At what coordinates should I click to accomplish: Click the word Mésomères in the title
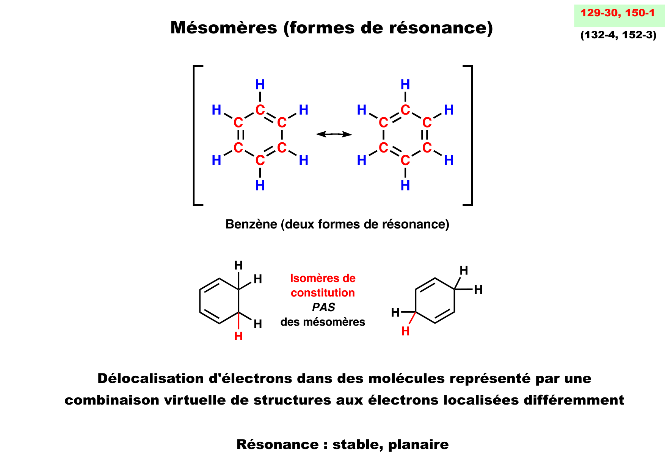point(224,28)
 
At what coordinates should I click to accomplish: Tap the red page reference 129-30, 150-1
point(618,13)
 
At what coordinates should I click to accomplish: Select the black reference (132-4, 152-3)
point(618,35)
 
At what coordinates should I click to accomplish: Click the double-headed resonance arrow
point(334,134)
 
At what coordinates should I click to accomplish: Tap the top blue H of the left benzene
point(260,84)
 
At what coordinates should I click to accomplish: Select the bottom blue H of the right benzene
point(405,186)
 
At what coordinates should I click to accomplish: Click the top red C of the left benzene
point(260,110)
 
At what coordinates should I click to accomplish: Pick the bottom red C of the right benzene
point(405,161)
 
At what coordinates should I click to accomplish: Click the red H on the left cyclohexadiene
point(238,336)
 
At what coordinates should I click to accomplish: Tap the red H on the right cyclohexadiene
point(405,331)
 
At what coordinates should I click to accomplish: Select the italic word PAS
point(323,307)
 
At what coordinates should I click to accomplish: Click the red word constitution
point(323,293)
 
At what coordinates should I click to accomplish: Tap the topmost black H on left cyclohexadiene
point(238,265)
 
